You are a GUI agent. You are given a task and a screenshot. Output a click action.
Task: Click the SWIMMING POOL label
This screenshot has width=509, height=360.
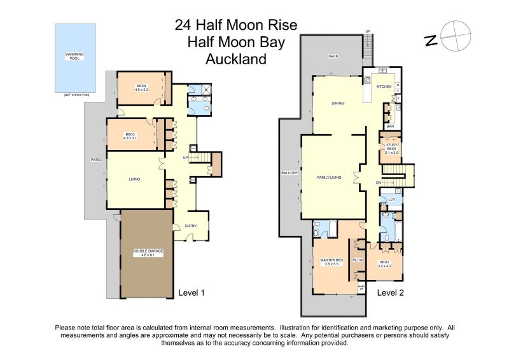click(75, 56)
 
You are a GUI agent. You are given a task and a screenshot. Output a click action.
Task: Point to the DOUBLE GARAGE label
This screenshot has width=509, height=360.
click(148, 253)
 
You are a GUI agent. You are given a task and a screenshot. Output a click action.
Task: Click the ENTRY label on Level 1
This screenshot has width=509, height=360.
click(191, 226)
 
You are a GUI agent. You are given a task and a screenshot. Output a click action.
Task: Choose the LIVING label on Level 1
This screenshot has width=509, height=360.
click(132, 179)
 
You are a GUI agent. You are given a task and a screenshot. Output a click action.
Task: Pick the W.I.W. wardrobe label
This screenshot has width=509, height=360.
click(358, 259)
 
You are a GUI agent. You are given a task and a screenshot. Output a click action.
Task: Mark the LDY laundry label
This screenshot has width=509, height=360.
click(392, 200)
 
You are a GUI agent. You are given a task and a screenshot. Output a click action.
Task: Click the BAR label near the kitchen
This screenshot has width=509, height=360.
click(391, 126)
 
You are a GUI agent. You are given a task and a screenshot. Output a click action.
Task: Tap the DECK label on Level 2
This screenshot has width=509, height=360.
click(333, 56)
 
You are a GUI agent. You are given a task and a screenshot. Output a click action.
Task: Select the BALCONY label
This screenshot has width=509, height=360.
click(290, 172)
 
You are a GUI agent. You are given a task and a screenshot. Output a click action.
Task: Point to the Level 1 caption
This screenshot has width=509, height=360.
click(191, 293)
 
